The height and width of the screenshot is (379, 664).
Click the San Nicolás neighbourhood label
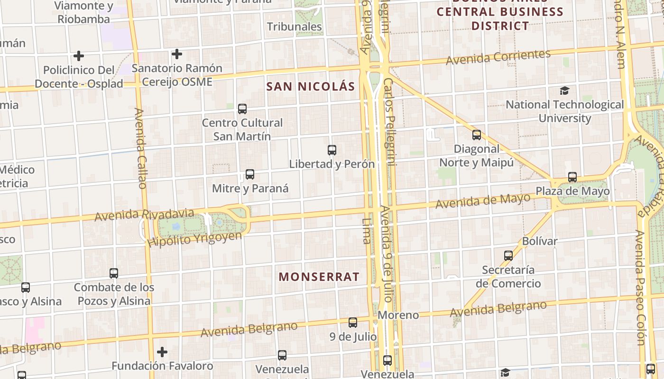coord(311,86)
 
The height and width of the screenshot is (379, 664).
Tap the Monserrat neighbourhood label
coord(319,277)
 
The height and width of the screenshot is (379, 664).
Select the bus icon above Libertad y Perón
coord(332,150)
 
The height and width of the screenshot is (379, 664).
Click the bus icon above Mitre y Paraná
coord(250,174)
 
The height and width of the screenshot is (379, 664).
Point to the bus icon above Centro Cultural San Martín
coord(242,109)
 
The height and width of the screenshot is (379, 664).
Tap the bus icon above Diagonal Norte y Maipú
coord(477,135)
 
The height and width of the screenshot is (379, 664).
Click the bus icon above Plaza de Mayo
coord(572,177)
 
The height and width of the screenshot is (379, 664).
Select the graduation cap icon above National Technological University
coord(564,90)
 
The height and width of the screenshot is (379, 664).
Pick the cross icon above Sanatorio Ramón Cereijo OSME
coord(177,54)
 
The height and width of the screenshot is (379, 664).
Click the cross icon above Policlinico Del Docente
coord(79,56)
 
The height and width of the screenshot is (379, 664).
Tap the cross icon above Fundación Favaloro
coord(162,352)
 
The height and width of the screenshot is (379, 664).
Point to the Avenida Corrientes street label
coord(498,57)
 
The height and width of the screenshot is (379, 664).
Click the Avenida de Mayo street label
coord(483,201)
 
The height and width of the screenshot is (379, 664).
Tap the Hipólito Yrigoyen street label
coord(194,239)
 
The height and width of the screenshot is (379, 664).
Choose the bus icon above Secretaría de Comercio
coord(508,256)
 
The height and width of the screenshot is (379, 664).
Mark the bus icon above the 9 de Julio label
coord(353,323)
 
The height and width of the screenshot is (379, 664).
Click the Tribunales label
coord(295,27)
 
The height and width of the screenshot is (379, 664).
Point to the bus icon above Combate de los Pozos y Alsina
coord(114,273)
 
